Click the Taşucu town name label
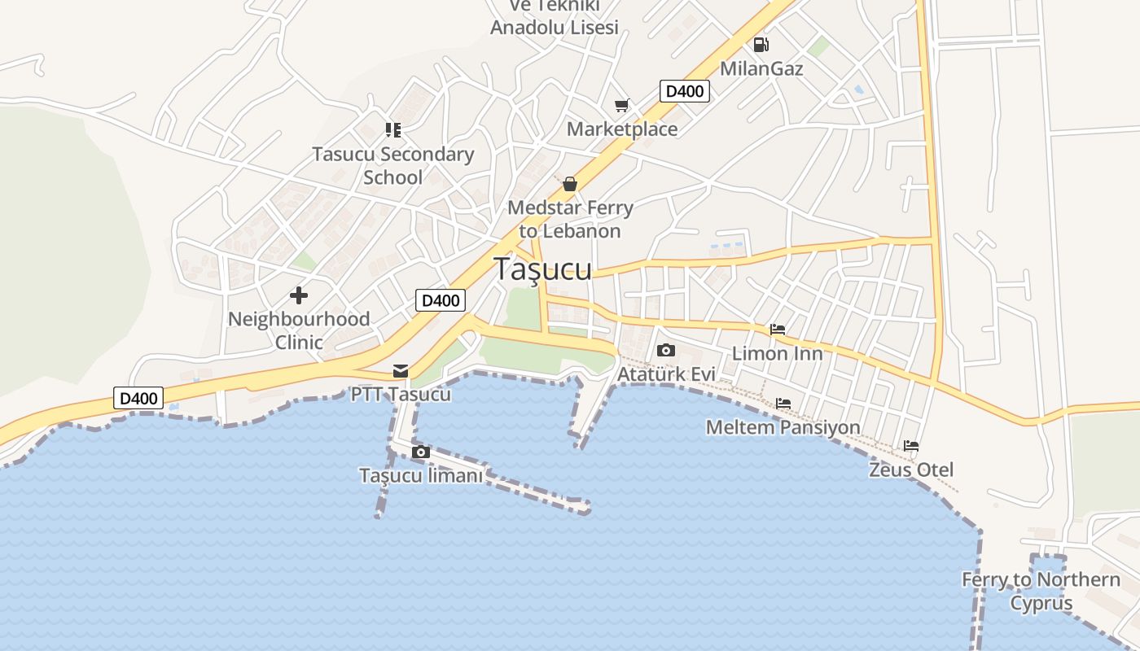point(543,269)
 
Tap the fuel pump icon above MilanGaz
point(761,45)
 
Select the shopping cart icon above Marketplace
point(622,106)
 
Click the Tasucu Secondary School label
point(392,166)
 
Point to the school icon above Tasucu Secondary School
point(393,130)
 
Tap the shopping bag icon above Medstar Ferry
point(570,184)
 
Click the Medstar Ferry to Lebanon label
point(570,220)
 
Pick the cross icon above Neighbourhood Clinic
point(299,295)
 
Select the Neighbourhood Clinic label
point(299,330)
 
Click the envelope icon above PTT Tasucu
point(401,371)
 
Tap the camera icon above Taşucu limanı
point(420,452)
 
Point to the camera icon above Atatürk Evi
point(665,351)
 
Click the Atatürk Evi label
point(666,374)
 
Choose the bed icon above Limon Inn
point(778,330)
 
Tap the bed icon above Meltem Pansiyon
point(783,404)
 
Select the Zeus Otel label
point(911,470)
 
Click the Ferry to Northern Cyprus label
point(1041,592)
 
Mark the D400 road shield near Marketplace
point(684,91)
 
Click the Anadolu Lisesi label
point(555,27)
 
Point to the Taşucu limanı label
point(421,476)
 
